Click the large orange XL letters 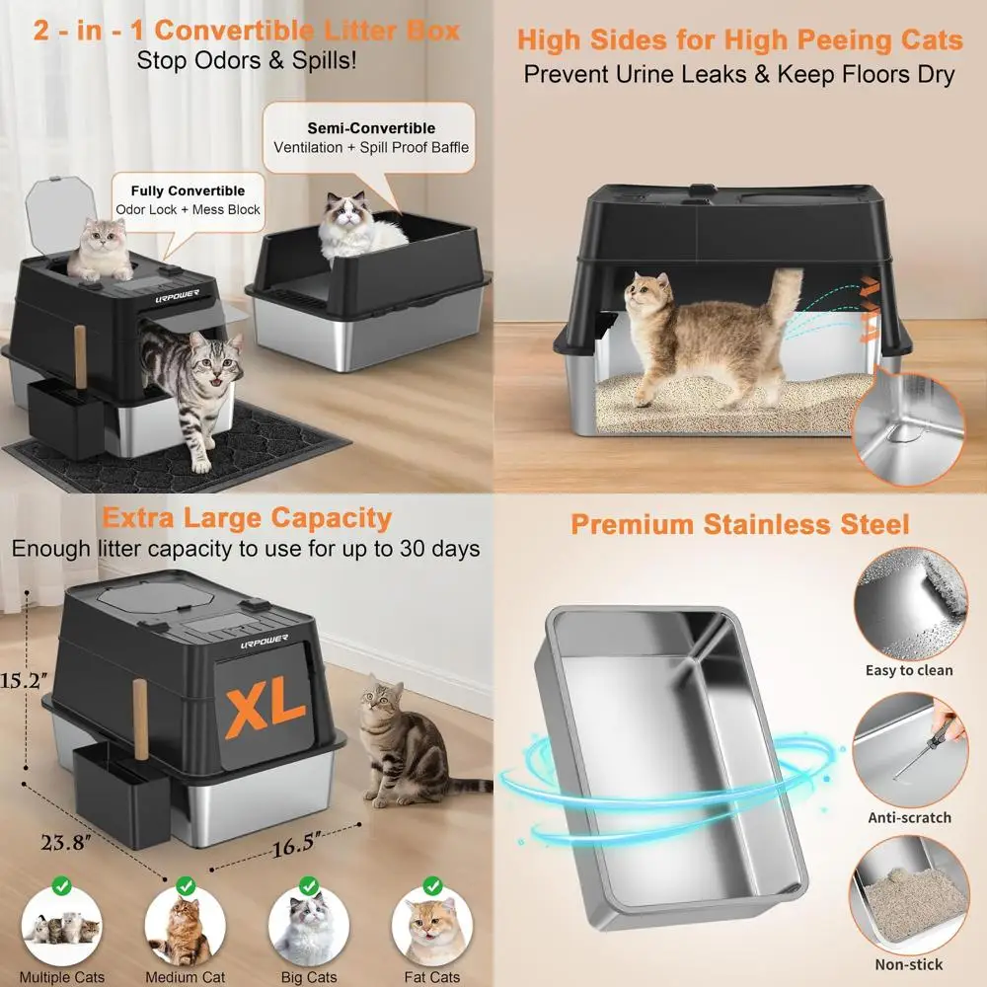coord(266,704)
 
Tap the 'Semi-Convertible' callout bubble coord(371,138)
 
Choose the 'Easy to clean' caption coord(909,670)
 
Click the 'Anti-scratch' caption coord(909,817)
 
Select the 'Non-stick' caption coord(909,964)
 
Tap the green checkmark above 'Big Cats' coord(308,886)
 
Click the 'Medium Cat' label coord(185,977)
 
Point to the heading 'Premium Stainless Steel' coord(739,524)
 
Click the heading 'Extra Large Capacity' coord(247,517)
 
